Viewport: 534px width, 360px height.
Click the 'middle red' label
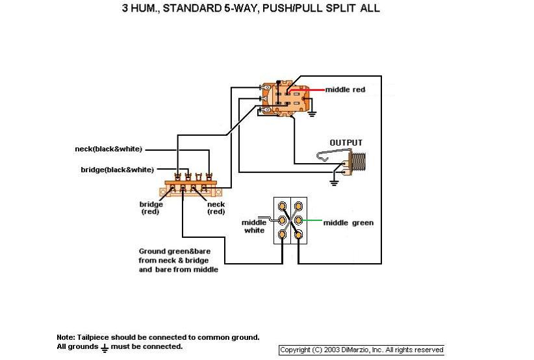coord(345,90)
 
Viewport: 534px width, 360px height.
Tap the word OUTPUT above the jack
coord(346,143)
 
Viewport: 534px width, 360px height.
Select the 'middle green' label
coord(348,223)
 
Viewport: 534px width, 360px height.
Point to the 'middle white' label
coord(254,226)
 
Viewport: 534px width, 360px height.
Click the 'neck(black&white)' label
coord(108,149)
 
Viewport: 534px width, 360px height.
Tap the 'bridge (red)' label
coord(151,208)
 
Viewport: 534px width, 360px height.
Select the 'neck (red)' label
coord(216,208)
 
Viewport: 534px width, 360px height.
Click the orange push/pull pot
coord(286,97)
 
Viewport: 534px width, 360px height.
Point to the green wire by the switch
coord(312,221)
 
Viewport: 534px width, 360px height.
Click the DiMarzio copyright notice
coord(361,350)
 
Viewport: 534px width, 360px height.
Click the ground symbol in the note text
coord(104,347)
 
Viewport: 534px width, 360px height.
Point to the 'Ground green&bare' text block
coord(179,260)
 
